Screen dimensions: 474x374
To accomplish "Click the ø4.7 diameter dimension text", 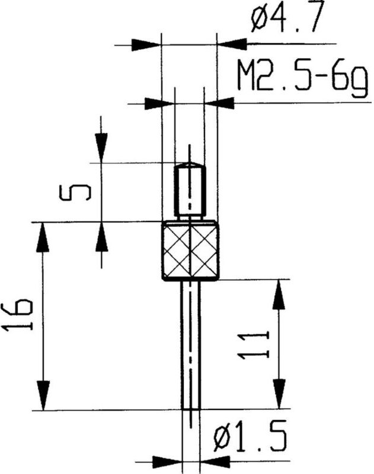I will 287,21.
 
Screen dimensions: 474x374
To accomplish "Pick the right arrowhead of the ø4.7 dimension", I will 232,43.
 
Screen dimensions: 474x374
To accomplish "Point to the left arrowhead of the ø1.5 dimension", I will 168,460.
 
